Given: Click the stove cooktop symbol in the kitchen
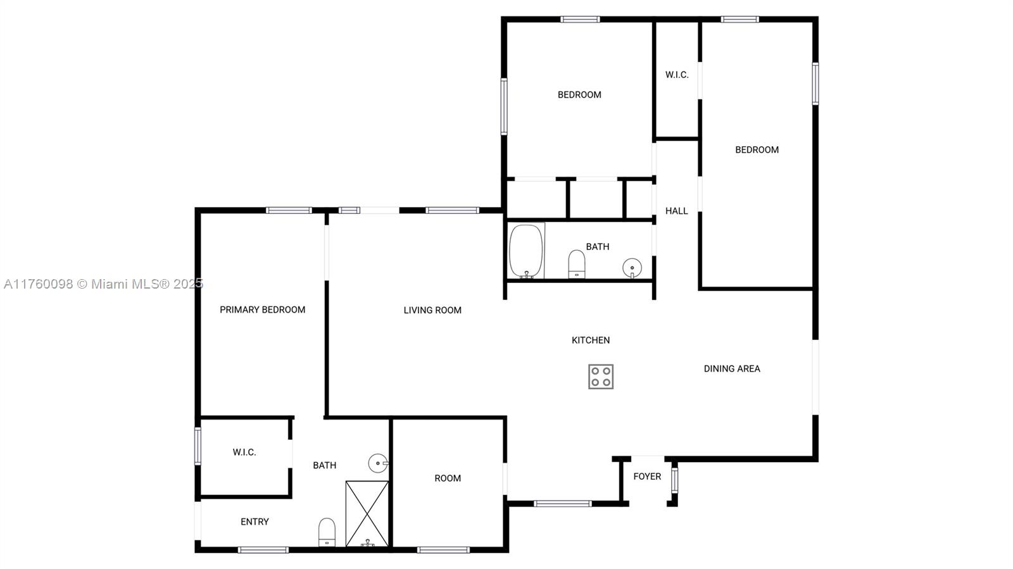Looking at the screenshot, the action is [601, 377].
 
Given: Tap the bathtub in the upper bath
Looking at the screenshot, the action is [526, 251].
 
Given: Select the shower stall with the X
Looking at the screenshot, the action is [367, 514].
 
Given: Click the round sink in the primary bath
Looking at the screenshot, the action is [378, 463].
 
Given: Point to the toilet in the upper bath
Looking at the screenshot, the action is [577, 264].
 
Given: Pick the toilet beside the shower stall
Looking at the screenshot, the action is [327, 532].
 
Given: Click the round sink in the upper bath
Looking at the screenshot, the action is [632, 268].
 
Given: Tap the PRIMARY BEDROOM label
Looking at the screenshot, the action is [262, 310].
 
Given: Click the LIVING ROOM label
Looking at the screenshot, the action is [432, 310].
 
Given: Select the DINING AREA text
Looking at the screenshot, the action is [732, 368].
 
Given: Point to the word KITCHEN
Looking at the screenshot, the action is [591, 340].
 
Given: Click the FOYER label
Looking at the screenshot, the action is [647, 477].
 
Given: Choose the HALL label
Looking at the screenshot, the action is [677, 211].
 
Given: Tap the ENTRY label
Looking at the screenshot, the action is [255, 522].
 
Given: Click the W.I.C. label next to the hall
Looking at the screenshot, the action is [677, 75].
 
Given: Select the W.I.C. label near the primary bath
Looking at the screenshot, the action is [244, 452].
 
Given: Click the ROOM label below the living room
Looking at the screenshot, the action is [448, 478].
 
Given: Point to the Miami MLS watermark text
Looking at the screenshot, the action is [104, 284].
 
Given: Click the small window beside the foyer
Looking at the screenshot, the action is [674, 480].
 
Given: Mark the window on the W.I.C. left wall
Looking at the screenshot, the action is [198, 446].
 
